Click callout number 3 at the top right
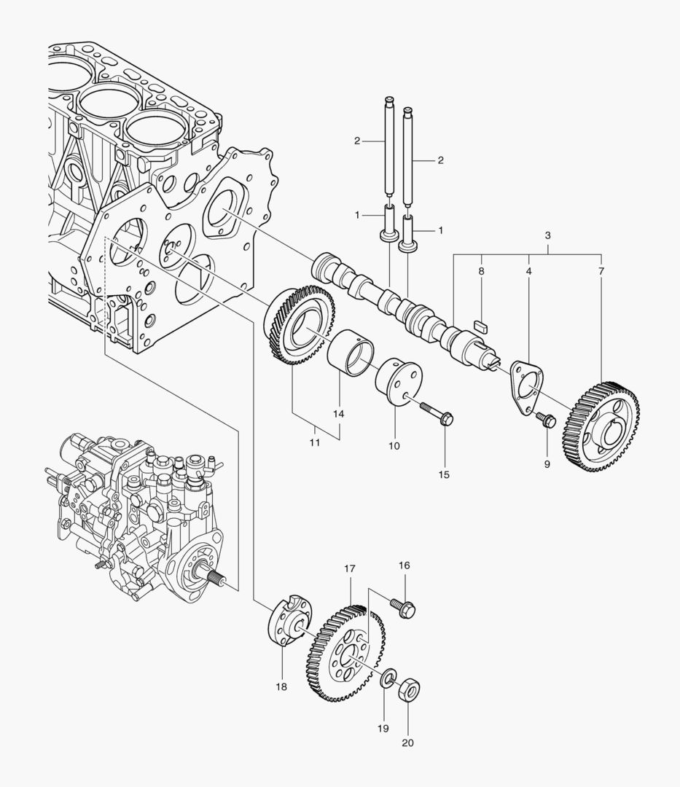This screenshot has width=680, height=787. tap(547, 235)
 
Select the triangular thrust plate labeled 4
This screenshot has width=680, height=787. tap(526, 382)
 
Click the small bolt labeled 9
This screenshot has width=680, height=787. tap(546, 420)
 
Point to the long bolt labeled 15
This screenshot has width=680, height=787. tap(436, 413)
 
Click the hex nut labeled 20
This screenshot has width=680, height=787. tap(410, 689)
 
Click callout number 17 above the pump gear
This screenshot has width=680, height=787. tap(350, 568)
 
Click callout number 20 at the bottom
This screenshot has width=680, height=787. tap(408, 743)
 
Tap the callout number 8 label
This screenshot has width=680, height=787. tap(481, 271)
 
